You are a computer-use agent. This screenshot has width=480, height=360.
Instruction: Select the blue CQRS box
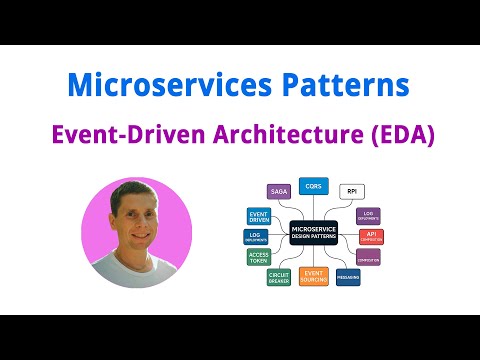point(313,185)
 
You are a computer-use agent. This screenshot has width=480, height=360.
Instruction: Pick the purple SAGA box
point(277,190)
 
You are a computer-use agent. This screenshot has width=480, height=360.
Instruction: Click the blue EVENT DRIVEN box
point(258,215)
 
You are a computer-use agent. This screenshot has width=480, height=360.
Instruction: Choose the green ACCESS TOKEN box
point(258,258)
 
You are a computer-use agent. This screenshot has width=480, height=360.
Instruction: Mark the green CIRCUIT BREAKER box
point(279,277)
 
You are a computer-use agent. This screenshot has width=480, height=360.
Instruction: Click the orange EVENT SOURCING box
point(313,276)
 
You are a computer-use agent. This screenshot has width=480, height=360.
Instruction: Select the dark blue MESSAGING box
point(348,277)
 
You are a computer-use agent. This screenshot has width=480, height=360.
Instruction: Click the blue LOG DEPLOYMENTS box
point(257,237)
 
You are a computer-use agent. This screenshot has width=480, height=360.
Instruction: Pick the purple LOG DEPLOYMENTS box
point(369,215)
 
